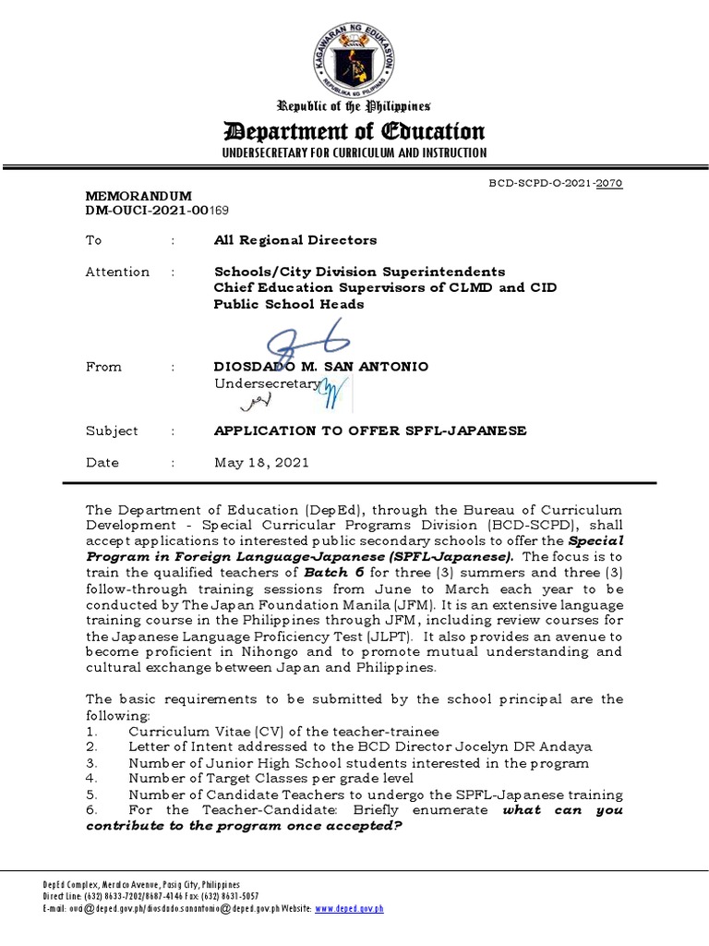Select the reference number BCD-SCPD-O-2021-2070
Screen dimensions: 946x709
pyautogui.click(x=557, y=184)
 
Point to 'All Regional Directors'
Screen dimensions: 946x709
pyautogui.click(x=294, y=240)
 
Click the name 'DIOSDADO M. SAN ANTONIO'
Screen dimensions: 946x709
pyautogui.click(x=320, y=367)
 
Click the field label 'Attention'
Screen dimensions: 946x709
pyautogui.click(x=117, y=272)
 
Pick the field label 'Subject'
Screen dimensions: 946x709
pyautogui.click(x=112, y=431)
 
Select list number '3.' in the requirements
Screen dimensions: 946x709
pyautogui.click(x=91, y=763)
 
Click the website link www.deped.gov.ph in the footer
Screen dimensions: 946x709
pyautogui.click(x=349, y=909)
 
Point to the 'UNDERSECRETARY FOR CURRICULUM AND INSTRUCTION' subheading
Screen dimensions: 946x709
pyautogui.click(x=360, y=152)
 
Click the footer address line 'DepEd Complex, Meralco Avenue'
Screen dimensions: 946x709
pyautogui.click(x=106, y=884)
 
